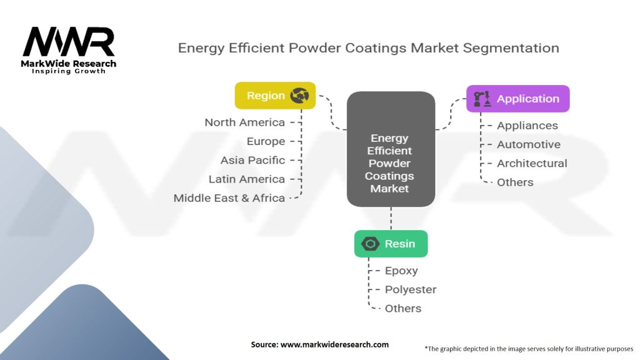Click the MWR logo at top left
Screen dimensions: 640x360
[x=69, y=44]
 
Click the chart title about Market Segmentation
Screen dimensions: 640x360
[x=368, y=48]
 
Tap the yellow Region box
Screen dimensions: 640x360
[x=275, y=96]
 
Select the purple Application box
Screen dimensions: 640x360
[x=517, y=99]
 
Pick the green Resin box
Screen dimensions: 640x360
[x=391, y=244]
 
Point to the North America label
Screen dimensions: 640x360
[x=244, y=122]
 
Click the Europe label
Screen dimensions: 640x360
[x=266, y=141]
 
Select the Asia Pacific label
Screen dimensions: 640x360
[x=252, y=160]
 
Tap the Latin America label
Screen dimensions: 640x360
[x=246, y=179]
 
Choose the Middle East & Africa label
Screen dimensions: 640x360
[x=229, y=198]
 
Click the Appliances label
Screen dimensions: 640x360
[x=527, y=126]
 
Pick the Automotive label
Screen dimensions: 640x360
[x=528, y=144]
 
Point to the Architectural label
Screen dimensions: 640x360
[x=532, y=163]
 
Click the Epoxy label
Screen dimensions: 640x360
[x=401, y=271]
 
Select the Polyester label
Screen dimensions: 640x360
[x=410, y=289]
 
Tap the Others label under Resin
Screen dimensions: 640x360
[x=402, y=308]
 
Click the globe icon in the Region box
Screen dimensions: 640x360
[x=299, y=96]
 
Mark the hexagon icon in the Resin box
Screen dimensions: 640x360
[x=371, y=244]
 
